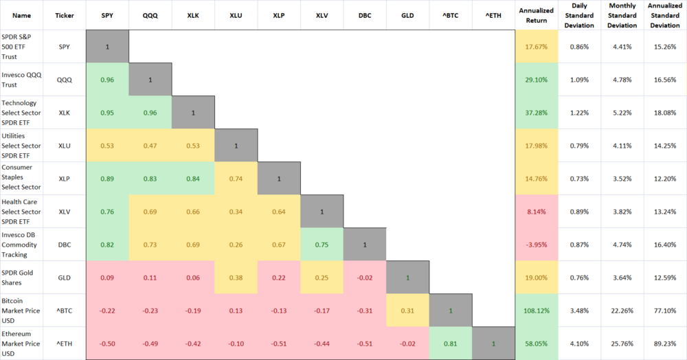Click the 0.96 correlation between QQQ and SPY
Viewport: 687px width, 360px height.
tap(107, 80)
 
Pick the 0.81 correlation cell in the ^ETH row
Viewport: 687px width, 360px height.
tap(451, 344)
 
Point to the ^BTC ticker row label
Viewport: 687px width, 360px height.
tap(65, 311)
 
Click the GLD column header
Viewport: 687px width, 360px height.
tap(408, 15)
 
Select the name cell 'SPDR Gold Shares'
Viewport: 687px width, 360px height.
tap(22, 278)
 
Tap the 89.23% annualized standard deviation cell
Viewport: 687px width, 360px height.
tap(665, 344)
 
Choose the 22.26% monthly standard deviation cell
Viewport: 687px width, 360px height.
tap(622, 311)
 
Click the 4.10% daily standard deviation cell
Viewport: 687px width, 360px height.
tap(579, 344)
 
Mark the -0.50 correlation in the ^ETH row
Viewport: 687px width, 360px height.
tap(107, 344)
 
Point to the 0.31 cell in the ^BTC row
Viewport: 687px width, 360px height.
tap(408, 311)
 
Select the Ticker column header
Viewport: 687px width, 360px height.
tap(65, 15)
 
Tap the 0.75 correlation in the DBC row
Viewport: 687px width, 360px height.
tap(322, 245)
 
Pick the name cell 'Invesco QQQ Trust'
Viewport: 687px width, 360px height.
tap(22, 80)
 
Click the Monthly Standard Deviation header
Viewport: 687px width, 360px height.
tap(622, 15)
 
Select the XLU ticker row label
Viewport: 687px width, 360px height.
tap(65, 146)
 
